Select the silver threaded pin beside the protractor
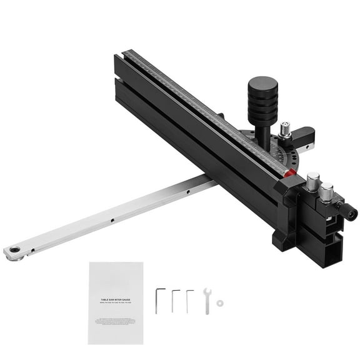[286, 130]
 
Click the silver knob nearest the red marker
[312, 181]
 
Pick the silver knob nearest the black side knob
[326, 189]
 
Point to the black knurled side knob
[349, 212]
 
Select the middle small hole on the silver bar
[112, 220]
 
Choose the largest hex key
[160, 300]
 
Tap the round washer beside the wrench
[219, 303]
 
